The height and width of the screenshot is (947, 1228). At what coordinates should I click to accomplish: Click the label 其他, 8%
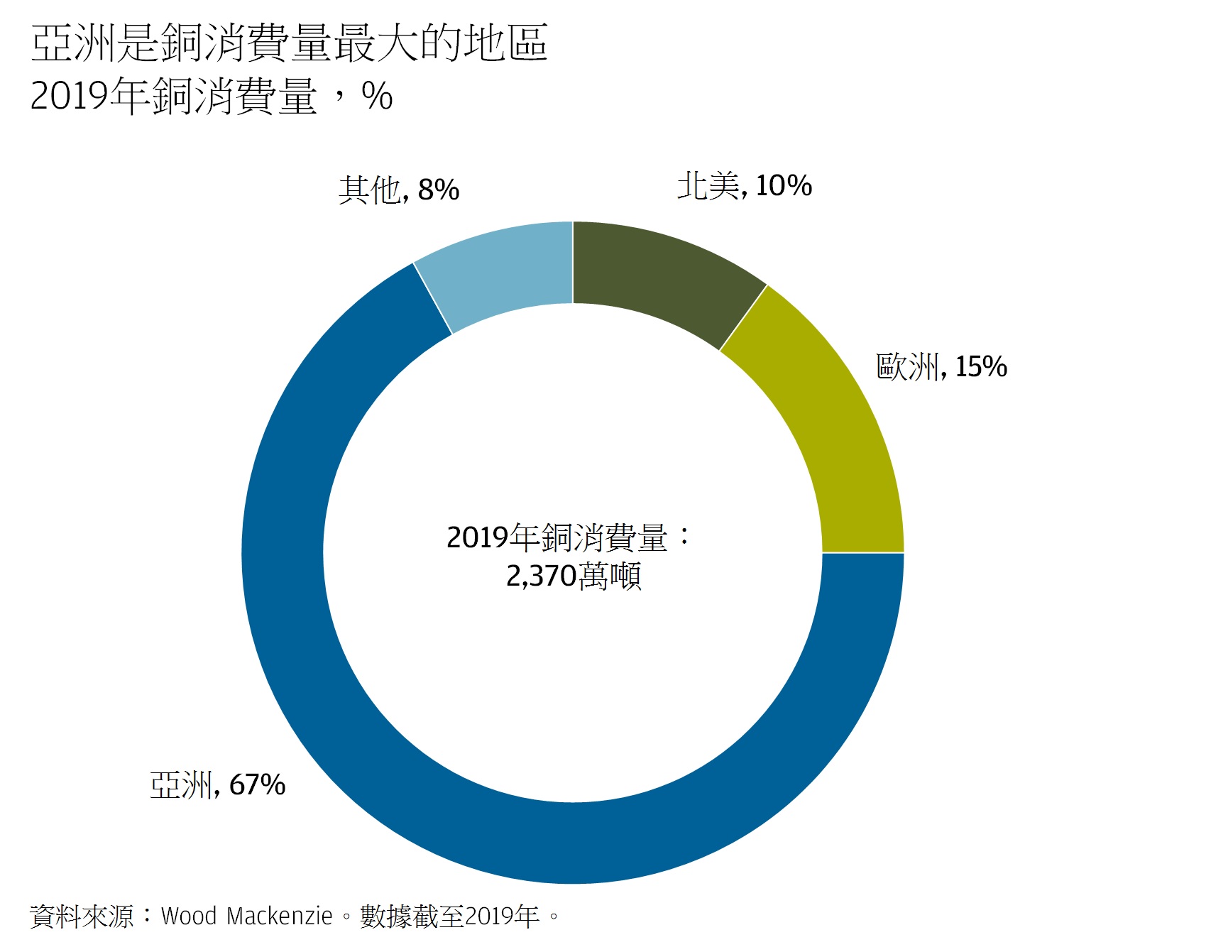pos(399,190)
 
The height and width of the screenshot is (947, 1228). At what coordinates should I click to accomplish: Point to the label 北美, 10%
pos(744,186)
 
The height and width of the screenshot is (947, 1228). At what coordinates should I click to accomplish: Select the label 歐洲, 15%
pos(941,367)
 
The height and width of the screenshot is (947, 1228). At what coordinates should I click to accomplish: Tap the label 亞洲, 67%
pos(217,785)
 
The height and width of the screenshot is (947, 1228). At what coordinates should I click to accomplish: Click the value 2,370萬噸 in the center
pos(574,576)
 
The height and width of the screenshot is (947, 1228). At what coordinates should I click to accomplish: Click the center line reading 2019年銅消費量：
pos(568,538)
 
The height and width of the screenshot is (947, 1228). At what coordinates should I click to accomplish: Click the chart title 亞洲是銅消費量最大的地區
pos(289,43)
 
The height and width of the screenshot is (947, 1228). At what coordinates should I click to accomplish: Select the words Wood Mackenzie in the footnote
pos(246,916)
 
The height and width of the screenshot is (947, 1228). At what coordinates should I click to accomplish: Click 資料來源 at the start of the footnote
pos(82,916)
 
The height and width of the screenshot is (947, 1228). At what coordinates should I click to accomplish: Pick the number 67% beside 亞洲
pos(258,785)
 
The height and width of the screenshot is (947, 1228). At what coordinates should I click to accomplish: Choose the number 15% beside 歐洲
pos(981,367)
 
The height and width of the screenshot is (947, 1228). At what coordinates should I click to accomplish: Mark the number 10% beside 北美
pos(784,186)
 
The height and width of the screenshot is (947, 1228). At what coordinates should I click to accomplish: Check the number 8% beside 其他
pos(439,190)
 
